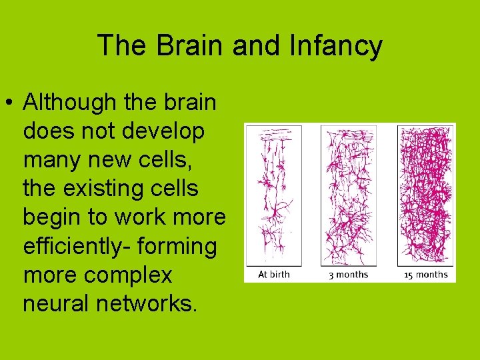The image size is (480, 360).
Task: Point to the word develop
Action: [x=163, y=131]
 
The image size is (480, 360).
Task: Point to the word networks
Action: [x=147, y=303]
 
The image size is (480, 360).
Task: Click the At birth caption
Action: [x=274, y=275]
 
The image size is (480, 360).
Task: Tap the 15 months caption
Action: [x=427, y=275]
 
